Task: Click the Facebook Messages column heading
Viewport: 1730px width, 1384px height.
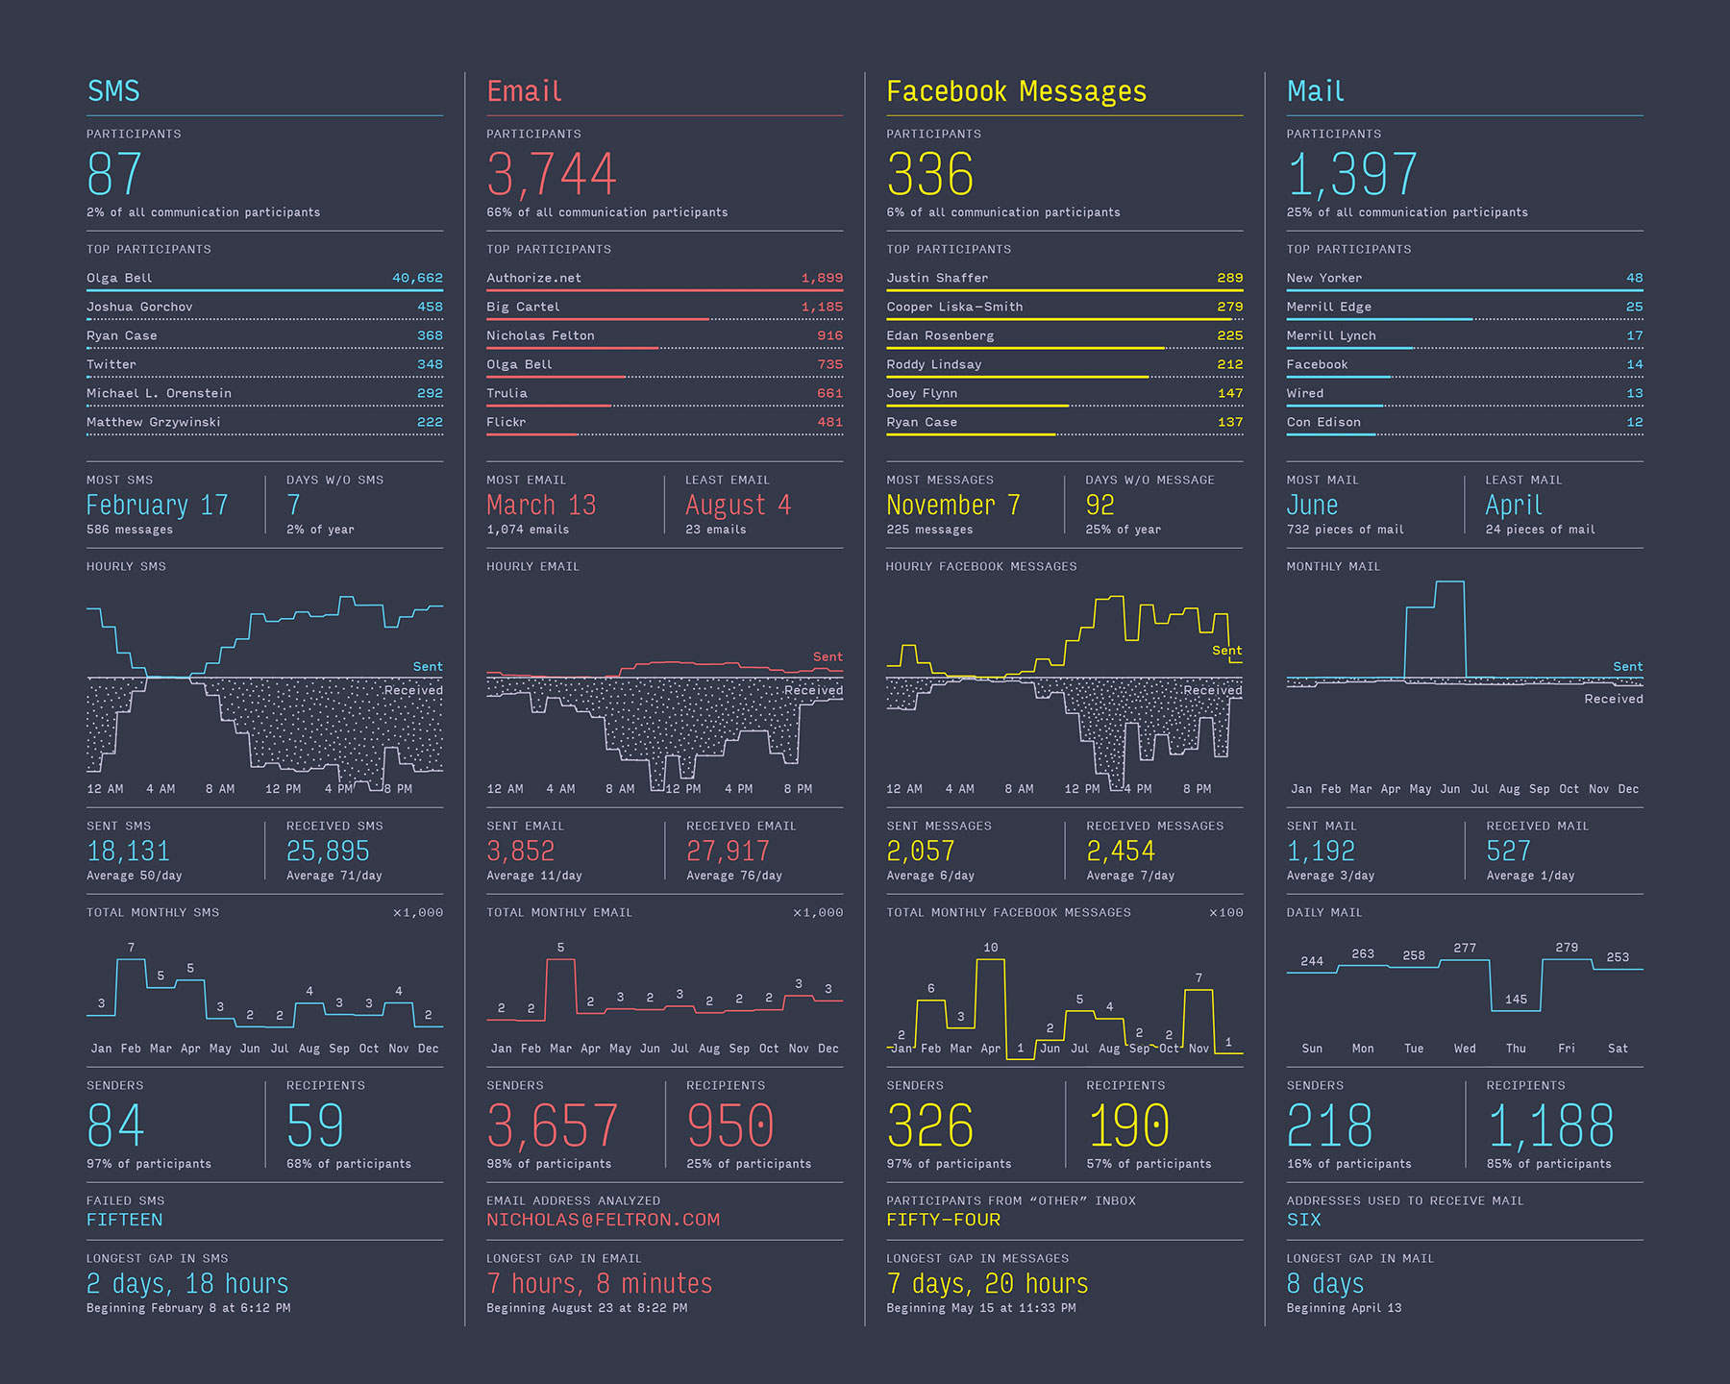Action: (1016, 91)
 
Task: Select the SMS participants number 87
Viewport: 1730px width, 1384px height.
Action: (114, 174)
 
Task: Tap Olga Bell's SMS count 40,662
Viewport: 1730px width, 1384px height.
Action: (417, 278)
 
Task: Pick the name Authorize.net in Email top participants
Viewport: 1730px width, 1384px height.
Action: (533, 278)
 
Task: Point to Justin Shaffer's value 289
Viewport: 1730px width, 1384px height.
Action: (1229, 278)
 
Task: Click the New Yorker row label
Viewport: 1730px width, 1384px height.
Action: (1323, 278)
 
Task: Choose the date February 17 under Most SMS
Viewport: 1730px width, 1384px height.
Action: (157, 505)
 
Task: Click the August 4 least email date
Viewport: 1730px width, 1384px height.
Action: (737, 505)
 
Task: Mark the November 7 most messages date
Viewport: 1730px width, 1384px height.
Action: (952, 505)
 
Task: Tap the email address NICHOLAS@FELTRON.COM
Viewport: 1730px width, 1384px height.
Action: (603, 1220)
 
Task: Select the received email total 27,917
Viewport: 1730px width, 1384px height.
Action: (727, 851)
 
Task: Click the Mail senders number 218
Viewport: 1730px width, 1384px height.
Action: (1329, 1125)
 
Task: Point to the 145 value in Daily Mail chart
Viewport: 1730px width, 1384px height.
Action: (1516, 999)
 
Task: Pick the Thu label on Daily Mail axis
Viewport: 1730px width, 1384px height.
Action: (1516, 1049)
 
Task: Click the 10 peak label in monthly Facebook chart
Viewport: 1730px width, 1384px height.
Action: (990, 947)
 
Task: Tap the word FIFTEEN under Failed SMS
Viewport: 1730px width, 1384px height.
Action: (124, 1220)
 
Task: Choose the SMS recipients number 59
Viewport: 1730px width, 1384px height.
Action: (314, 1125)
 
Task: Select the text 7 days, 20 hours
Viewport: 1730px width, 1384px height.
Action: (987, 1283)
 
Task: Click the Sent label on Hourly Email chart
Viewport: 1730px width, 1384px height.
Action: (827, 656)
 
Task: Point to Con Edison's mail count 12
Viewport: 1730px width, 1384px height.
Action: (1634, 422)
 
